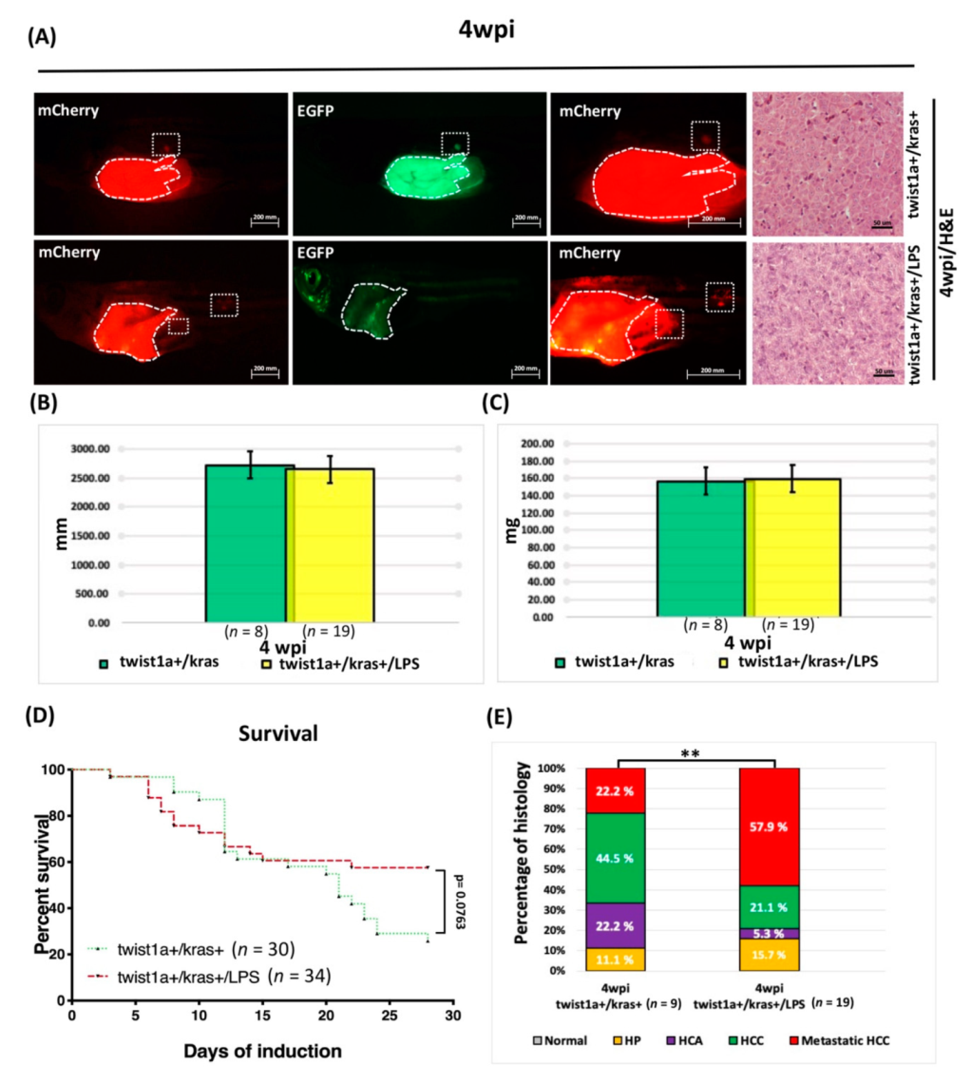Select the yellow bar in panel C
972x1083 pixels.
(x=792, y=547)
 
